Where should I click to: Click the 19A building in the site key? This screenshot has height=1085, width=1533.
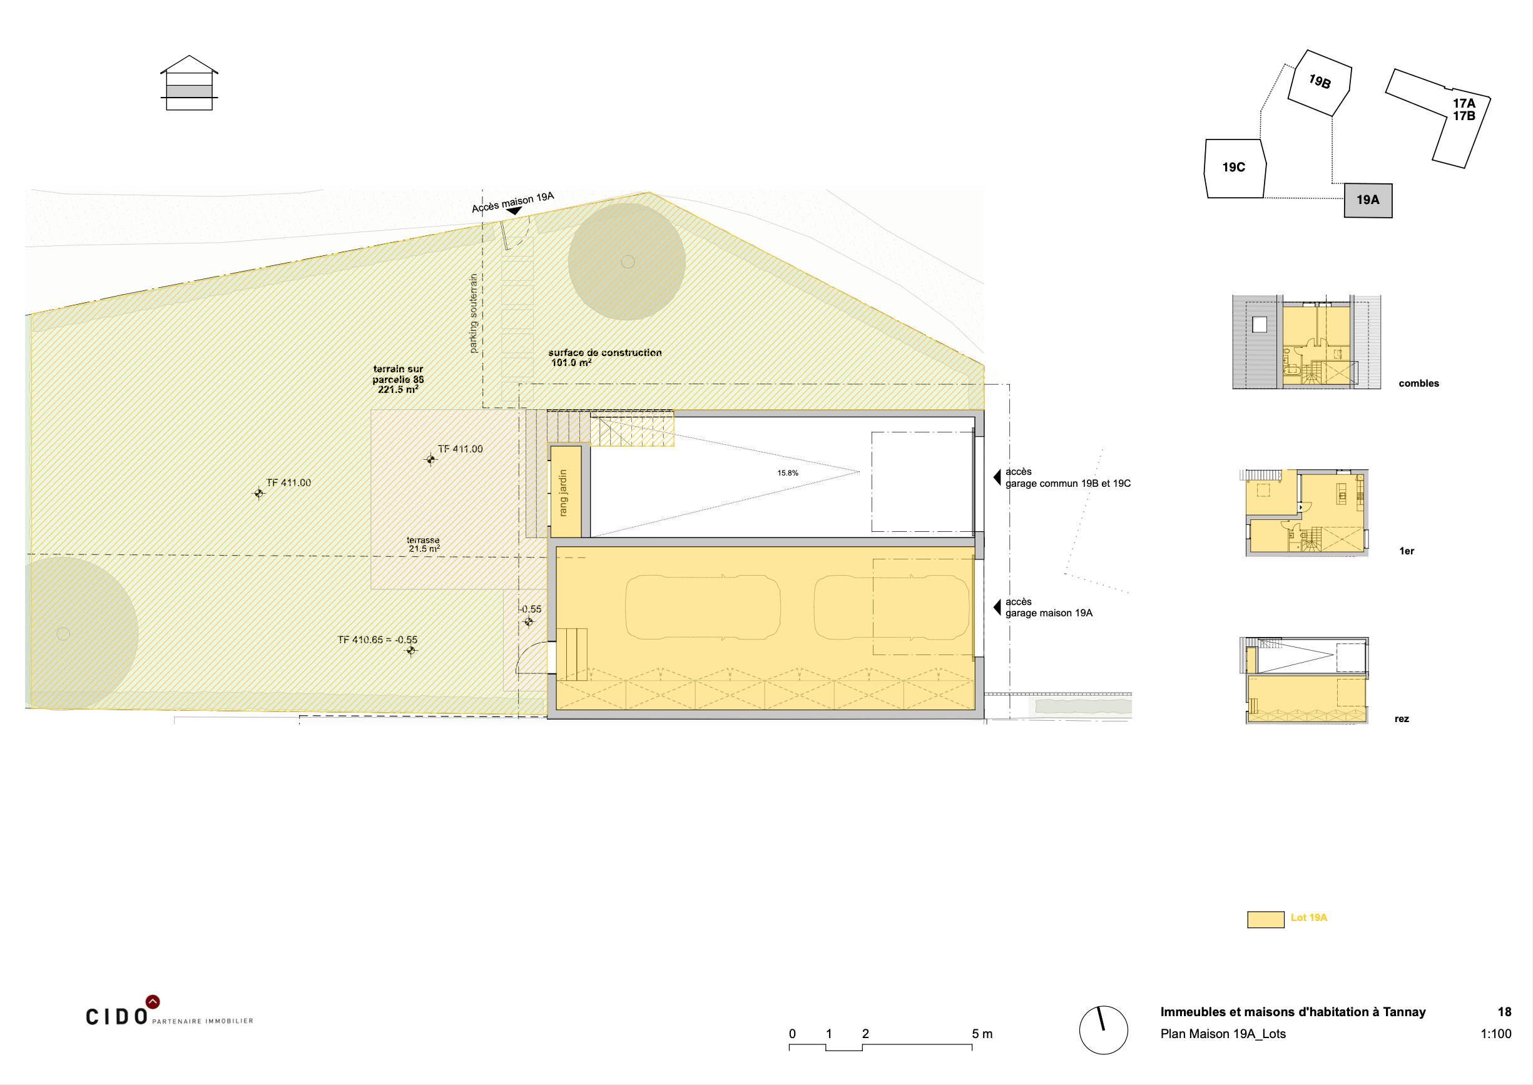(1368, 200)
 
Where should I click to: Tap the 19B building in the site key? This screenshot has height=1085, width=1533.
(1319, 83)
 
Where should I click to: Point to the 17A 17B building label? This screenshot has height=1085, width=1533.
(1464, 110)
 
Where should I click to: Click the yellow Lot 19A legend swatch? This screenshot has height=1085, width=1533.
(1265, 919)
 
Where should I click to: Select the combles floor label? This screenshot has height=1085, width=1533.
(1418, 384)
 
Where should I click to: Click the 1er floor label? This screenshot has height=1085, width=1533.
(1406, 551)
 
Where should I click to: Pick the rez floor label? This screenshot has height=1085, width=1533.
(1402, 719)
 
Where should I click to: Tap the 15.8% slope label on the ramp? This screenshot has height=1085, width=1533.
(788, 473)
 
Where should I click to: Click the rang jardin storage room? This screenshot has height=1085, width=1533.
(565, 492)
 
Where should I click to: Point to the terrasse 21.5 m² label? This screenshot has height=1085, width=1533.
(424, 544)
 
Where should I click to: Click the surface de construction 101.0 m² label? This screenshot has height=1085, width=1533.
(604, 357)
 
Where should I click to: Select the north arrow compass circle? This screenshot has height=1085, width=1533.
(1104, 1030)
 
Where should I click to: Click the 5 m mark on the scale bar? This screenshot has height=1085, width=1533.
(982, 1034)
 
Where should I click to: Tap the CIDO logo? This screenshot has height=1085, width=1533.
(170, 1011)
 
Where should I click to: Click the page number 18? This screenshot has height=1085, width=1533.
(1504, 1012)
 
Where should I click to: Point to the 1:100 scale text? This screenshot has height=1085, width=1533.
(1495, 1034)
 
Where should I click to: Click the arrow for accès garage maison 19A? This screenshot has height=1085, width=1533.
(997, 608)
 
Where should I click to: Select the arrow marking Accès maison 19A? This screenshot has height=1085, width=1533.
(514, 211)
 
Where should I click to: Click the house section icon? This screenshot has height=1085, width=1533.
(189, 83)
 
